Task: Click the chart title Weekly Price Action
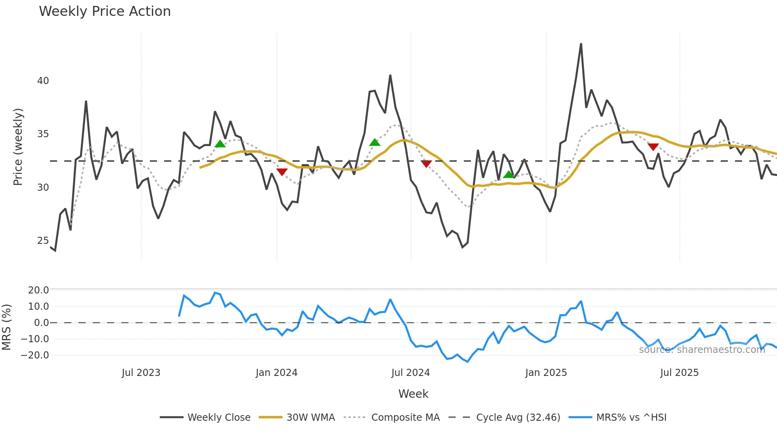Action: pos(105,11)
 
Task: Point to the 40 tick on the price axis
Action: pos(43,81)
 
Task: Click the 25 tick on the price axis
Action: pos(43,241)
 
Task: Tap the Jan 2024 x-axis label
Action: pos(276,373)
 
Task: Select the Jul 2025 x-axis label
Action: pos(679,373)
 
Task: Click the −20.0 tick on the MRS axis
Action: pos(35,355)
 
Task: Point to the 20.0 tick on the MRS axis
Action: pos(38,290)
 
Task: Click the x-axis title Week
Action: pos(413,394)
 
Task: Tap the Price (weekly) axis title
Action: pos(18,147)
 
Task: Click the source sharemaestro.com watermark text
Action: pos(702,350)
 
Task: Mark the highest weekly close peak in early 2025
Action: pos(581,44)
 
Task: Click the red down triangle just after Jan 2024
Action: pos(282,172)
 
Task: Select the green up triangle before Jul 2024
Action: pos(375,142)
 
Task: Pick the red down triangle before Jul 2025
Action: pos(653,147)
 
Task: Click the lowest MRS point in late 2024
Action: pos(468,362)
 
